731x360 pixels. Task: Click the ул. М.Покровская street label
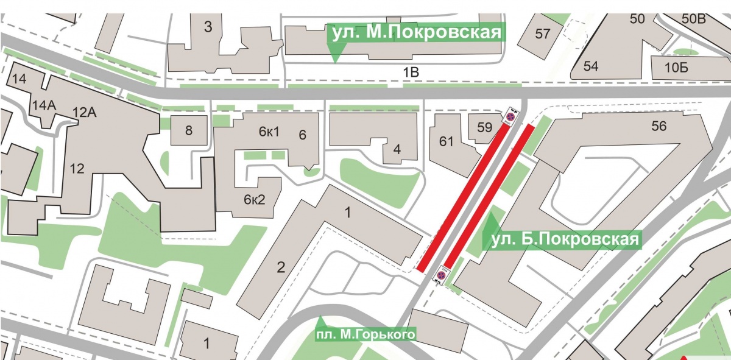click(x=417, y=32)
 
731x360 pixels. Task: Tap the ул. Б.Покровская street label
click(x=562, y=239)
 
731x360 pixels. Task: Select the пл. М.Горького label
click(x=365, y=334)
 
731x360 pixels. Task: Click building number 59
click(x=485, y=128)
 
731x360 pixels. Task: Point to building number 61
click(x=447, y=141)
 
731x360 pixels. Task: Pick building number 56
click(x=659, y=127)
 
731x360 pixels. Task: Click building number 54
click(x=591, y=66)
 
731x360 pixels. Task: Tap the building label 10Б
click(x=676, y=68)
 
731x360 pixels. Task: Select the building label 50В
click(x=693, y=19)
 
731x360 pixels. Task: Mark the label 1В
click(x=412, y=73)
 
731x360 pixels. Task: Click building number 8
click(x=188, y=130)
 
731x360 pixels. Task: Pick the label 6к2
click(x=255, y=199)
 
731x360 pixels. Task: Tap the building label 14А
click(x=44, y=106)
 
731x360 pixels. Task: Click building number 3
click(x=208, y=27)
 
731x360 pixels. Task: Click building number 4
click(x=397, y=149)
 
